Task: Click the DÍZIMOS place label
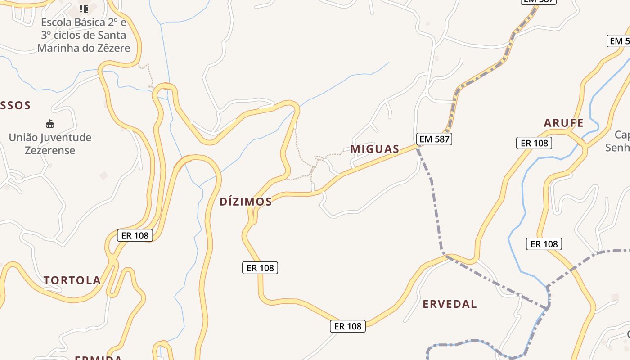[246, 202]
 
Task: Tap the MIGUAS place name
[375, 149]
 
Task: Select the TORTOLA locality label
[72, 280]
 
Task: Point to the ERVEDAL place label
[450, 304]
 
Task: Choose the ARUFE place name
[563, 123]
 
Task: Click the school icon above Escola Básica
[84, 9]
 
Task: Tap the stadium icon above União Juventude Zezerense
[50, 124]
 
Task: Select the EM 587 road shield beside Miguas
[434, 139]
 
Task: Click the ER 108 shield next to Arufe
[534, 143]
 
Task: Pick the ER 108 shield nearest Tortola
[135, 235]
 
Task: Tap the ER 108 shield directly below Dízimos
[260, 268]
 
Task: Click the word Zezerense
[50, 150]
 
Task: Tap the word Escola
[58, 22]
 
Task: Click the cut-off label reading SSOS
[15, 106]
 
